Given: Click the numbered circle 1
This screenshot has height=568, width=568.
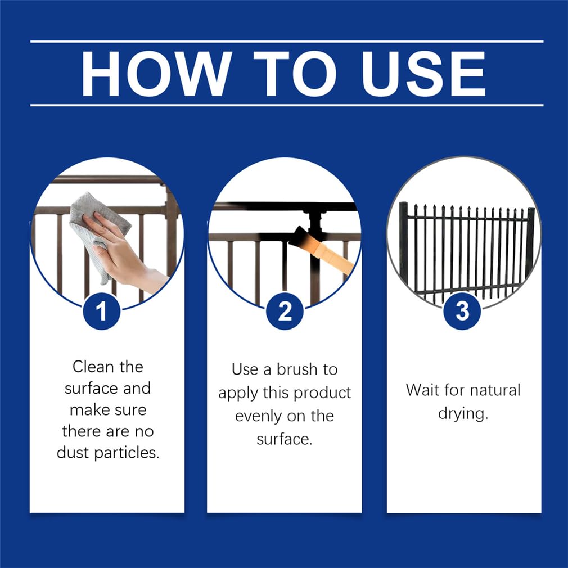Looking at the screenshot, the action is click(101, 311).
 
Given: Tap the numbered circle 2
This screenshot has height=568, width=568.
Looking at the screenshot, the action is click(285, 311).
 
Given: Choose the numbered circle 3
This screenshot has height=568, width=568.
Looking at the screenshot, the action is click(462, 311).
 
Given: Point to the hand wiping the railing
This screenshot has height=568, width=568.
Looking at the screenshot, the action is click(125, 254).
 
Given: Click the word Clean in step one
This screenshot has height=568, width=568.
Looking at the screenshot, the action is click(93, 367).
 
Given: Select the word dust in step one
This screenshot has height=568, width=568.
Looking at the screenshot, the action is click(74, 453).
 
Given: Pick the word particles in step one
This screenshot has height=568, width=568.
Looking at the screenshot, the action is click(127, 453).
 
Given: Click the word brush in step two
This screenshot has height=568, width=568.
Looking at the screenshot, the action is click(297, 369).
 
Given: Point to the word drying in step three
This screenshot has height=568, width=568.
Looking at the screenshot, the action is click(463, 414).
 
